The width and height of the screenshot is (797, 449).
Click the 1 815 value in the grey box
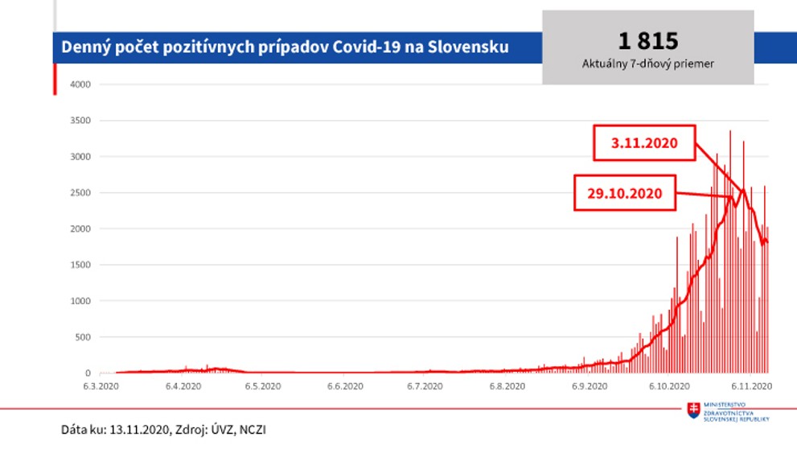(x=647, y=41)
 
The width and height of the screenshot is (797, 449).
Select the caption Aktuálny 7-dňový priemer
(x=647, y=62)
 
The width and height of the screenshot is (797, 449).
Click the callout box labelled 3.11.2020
(x=643, y=143)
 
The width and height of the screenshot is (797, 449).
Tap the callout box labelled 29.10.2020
(x=625, y=193)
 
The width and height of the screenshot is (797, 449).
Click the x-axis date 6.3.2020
(x=102, y=386)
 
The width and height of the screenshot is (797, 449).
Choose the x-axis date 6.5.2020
(x=262, y=386)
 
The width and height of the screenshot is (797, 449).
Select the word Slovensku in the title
(x=468, y=47)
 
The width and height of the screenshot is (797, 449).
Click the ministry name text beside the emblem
(x=736, y=410)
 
